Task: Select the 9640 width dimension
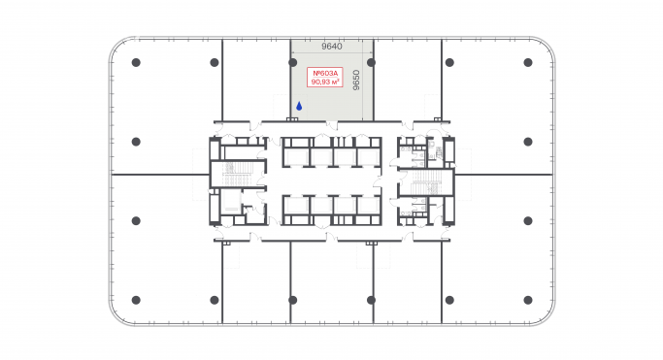(x=333, y=45)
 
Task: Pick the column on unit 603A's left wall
(x=292, y=62)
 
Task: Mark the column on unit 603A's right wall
(x=373, y=62)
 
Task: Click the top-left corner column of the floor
(x=136, y=62)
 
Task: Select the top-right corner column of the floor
(x=528, y=62)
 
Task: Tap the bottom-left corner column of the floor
(x=136, y=299)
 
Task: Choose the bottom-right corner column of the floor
(x=528, y=299)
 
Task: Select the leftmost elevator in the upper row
(x=295, y=155)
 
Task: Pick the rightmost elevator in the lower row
(x=368, y=206)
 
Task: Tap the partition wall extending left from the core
(x=160, y=175)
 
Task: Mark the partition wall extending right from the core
(x=505, y=175)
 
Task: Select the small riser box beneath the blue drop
(x=291, y=119)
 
